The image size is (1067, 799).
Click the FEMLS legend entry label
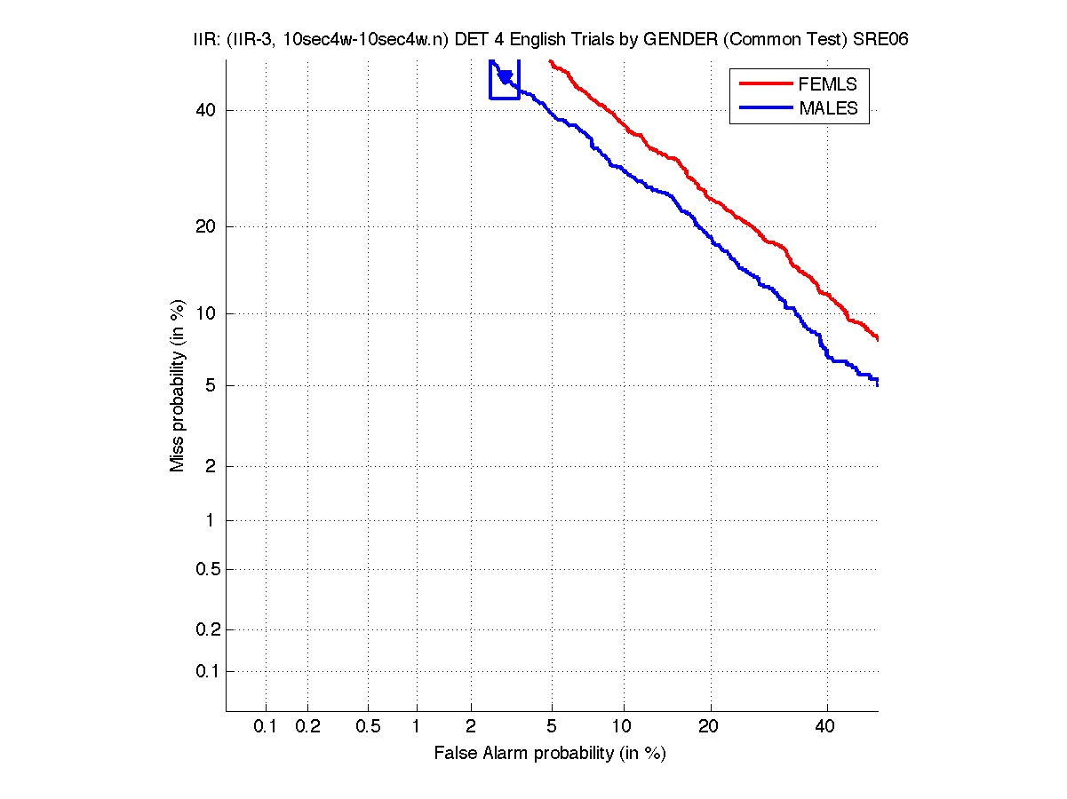coord(828,84)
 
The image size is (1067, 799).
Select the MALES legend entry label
coord(828,108)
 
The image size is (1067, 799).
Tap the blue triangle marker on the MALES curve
coord(505,77)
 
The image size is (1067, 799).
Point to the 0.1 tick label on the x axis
coord(266,727)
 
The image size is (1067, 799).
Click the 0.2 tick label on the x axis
coord(307,727)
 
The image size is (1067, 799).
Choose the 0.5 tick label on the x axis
coord(368,727)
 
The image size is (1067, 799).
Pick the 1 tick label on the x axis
coord(416,727)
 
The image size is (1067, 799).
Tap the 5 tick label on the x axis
coord(552,727)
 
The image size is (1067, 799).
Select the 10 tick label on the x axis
coord(624,727)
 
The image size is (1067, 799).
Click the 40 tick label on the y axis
coord(204,110)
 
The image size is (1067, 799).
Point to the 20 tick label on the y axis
coord(204,226)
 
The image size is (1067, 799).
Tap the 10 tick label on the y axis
coord(204,313)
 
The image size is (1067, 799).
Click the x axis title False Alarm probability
coord(550,754)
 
